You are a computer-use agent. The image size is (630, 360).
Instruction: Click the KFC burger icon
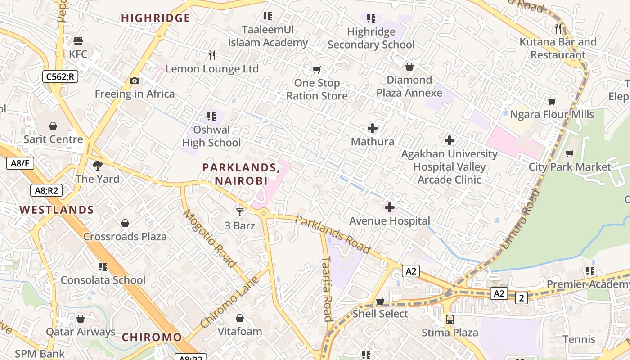tap(78, 41)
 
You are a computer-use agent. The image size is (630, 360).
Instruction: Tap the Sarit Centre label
tap(53, 139)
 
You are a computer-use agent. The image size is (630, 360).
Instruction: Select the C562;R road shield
tap(60, 76)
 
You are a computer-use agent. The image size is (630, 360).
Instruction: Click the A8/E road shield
tap(20, 163)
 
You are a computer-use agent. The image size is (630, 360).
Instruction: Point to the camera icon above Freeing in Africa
tap(134, 81)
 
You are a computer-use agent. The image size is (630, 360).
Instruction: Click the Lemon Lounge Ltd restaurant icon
tap(212, 55)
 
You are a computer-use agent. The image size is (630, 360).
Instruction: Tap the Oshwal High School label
tap(211, 136)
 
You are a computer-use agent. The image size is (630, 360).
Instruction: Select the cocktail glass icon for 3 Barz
tap(239, 212)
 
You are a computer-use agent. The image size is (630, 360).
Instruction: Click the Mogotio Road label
tap(209, 238)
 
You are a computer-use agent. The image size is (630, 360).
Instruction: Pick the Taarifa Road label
tap(327, 288)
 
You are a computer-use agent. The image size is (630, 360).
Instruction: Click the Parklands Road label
tap(333, 234)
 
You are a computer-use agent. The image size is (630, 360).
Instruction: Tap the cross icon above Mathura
tap(372, 129)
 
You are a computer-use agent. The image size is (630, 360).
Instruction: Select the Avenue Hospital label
tap(390, 221)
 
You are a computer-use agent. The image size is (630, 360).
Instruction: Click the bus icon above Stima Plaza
tap(450, 319)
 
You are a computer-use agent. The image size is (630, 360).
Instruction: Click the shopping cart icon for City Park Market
tap(569, 154)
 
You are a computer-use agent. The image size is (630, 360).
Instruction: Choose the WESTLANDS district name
tap(57, 210)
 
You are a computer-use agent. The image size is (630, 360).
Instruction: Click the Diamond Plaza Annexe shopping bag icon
tap(409, 67)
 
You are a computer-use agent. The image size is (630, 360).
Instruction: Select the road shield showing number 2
tap(522, 297)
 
